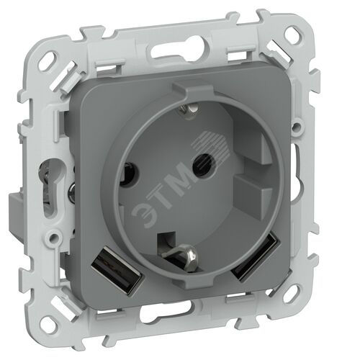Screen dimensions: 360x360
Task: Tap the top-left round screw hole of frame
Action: (53, 58)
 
